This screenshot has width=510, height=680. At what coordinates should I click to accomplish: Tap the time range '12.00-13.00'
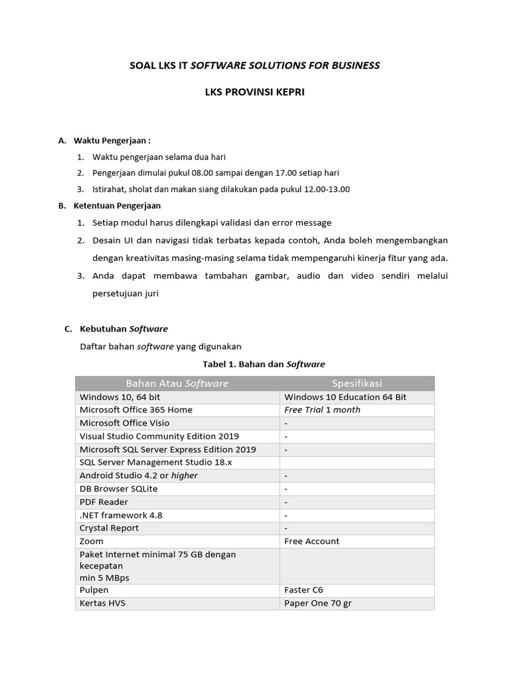(x=327, y=189)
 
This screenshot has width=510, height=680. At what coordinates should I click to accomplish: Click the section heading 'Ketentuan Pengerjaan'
(x=117, y=206)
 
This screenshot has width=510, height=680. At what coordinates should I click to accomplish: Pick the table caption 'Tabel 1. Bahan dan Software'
(x=264, y=364)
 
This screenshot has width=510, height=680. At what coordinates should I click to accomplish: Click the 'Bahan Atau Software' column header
(x=177, y=383)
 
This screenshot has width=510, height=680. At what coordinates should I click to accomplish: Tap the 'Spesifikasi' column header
(x=357, y=383)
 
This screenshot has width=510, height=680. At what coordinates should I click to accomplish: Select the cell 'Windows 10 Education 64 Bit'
(x=345, y=397)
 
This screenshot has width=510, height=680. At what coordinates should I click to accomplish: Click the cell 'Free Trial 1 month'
(x=322, y=410)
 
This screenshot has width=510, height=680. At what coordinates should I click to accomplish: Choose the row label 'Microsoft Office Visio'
(x=124, y=423)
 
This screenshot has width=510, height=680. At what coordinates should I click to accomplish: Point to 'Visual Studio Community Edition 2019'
(x=159, y=436)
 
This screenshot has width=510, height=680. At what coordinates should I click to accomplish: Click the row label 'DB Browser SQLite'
(x=118, y=489)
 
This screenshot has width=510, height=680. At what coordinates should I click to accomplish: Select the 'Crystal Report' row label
(x=110, y=528)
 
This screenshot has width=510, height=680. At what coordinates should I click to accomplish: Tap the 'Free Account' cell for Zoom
(x=311, y=541)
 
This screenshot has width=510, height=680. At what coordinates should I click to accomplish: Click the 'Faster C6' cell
(x=303, y=590)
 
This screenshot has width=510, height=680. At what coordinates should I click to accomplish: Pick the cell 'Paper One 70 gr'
(x=317, y=603)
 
